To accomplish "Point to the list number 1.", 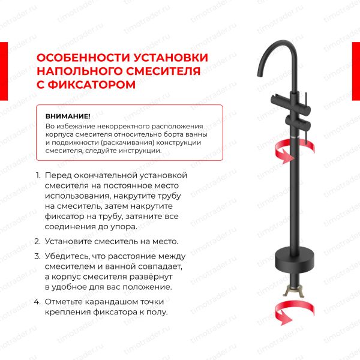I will [x=38, y=175].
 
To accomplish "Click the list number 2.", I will [x=38, y=241].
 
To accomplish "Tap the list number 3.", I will [x=38, y=256].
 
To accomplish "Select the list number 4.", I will [x=38, y=302].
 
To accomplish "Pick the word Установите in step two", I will [x=70, y=241].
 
